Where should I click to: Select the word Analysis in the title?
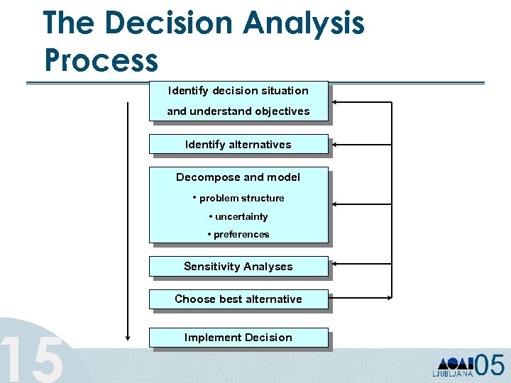(x=304, y=23)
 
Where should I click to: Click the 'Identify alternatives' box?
(x=238, y=144)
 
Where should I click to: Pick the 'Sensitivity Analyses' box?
(x=238, y=266)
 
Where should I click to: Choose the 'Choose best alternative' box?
(x=238, y=299)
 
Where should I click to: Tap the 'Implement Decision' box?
(x=238, y=337)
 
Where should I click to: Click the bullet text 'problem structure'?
(x=241, y=198)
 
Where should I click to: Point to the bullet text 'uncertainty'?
(x=241, y=216)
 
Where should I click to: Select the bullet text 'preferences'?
(x=241, y=234)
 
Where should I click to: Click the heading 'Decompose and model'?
(x=238, y=177)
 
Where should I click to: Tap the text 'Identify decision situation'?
(x=238, y=91)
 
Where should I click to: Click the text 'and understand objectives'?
(x=238, y=111)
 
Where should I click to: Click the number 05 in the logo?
(x=489, y=365)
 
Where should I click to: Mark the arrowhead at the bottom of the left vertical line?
(x=128, y=336)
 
